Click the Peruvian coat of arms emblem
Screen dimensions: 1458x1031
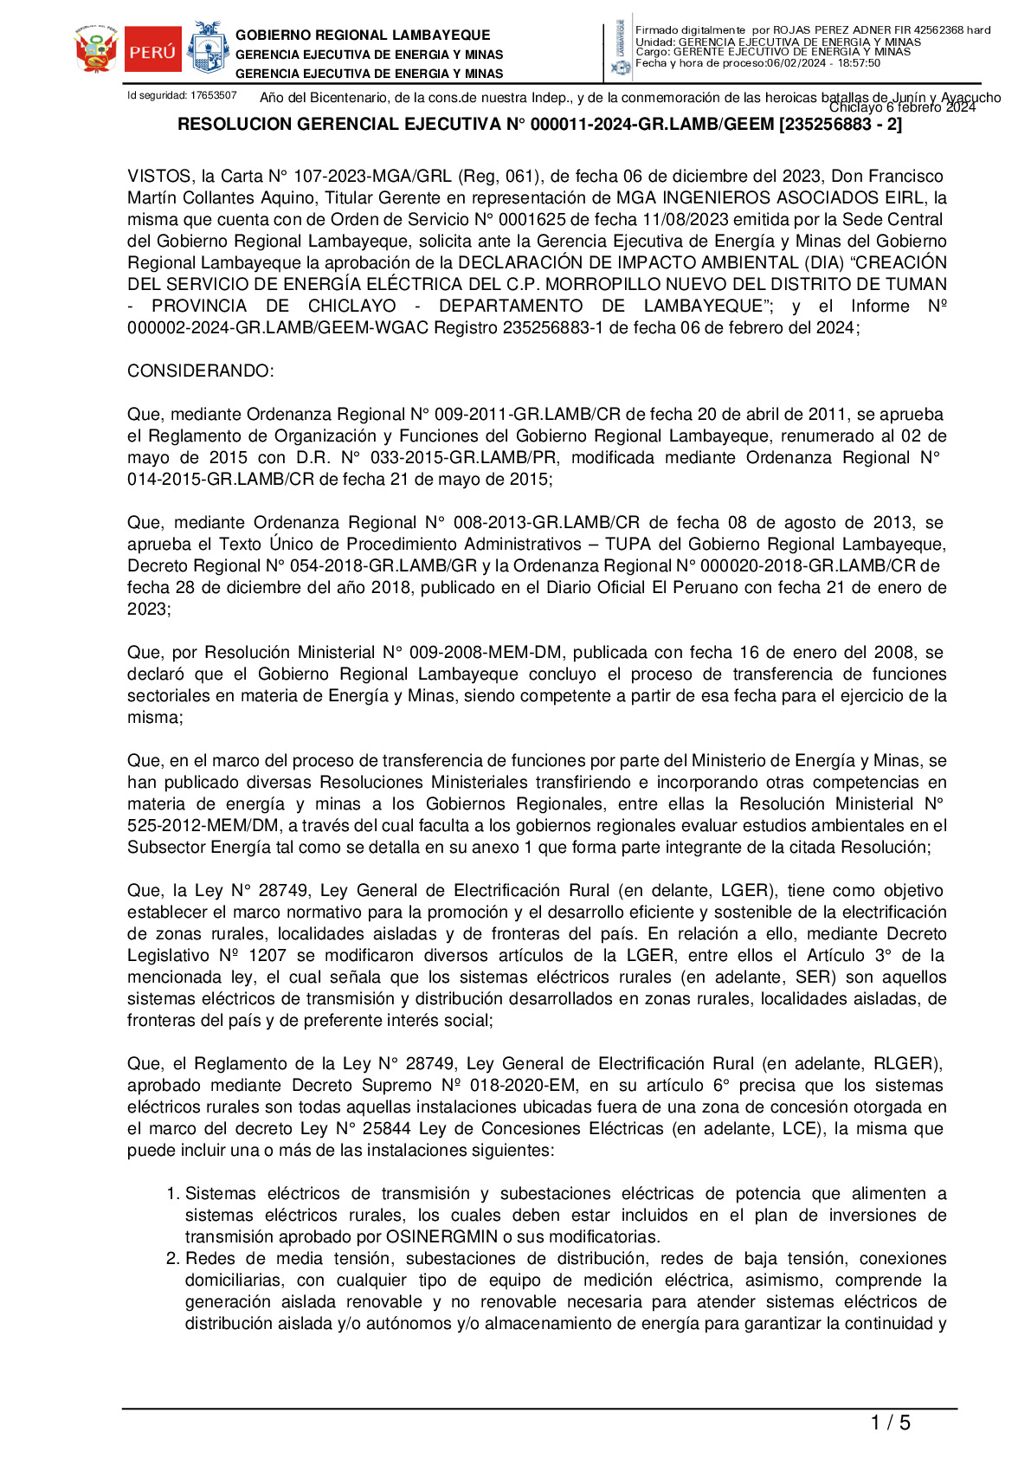pos(96,50)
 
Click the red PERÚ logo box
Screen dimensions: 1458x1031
pos(153,50)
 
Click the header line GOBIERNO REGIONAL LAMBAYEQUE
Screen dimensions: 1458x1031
pos(363,35)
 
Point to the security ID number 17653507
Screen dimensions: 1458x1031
pos(214,95)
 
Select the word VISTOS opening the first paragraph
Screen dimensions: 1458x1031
pos(159,177)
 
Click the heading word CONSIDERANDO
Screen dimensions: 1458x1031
pos(200,371)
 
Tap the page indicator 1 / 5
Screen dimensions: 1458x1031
pos(890,1423)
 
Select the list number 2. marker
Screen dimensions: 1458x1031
pos(173,1259)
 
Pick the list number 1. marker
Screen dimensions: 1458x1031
pos(173,1194)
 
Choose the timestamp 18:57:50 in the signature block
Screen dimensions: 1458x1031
pos(859,63)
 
